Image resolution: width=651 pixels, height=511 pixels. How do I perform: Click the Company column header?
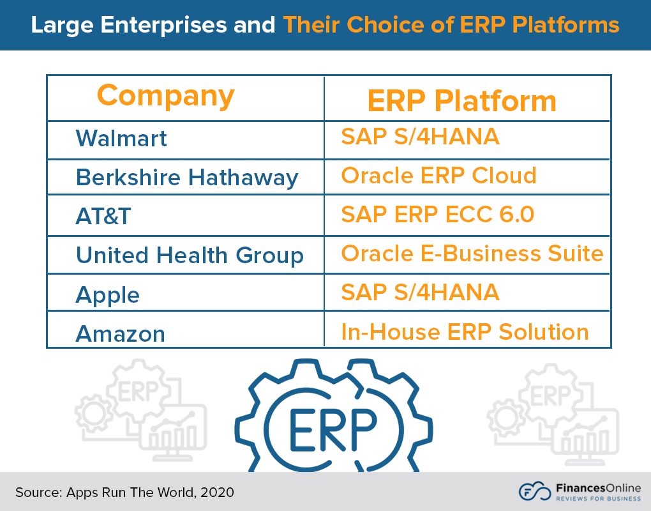click(x=165, y=96)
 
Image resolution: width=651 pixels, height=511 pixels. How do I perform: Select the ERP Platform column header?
click(x=461, y=101)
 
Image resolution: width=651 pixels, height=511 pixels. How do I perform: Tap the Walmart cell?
click(x=121, y=138)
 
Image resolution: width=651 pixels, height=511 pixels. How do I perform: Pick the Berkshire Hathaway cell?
click(x=186, y=177)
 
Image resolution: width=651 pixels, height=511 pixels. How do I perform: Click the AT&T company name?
click(x=103, y=216)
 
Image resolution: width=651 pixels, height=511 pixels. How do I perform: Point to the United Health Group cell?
click(x=189, y=255)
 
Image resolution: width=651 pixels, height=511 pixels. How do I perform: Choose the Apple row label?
click(x=107, y=294)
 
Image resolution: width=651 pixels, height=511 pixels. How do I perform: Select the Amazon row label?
click(x=120, y=333)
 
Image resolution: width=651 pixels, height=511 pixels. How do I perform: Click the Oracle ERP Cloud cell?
click(x=438, y=175)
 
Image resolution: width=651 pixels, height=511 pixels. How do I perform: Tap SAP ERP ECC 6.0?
click(x=437, y=214)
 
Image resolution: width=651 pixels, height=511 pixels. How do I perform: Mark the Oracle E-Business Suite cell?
click(x=472, y=253)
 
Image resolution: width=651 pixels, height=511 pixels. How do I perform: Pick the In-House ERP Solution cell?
click(x=465, y=332)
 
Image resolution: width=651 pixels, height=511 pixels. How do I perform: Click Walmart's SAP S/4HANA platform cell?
click(x=420, y=136)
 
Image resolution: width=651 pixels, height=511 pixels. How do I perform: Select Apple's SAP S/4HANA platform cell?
click(x=420, y=292)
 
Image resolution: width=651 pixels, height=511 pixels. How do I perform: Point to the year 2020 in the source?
click(x=219, y=492)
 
